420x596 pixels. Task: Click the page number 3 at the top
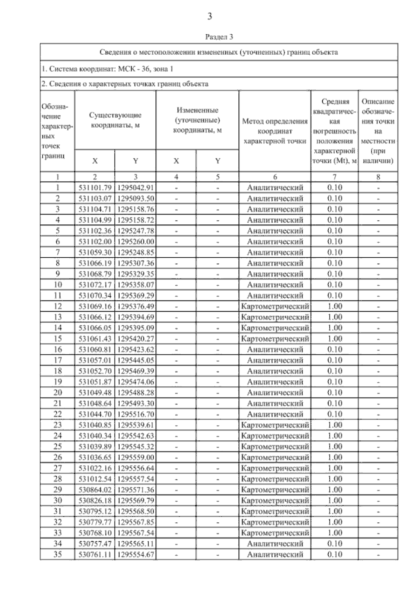[210, 16]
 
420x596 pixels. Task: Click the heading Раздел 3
[219, 36]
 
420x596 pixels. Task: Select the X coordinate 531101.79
[95, 188]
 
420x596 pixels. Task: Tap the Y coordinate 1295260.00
[136, 242]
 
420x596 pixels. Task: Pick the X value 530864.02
[95, 490]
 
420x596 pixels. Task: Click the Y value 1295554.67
[136, 555]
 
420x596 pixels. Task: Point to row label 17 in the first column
[57, 360]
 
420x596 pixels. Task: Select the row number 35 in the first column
[57, 555]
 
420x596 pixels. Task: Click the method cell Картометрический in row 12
[275, 306]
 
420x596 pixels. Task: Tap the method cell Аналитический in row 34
[275, 544]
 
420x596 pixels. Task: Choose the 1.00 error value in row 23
[335, 425]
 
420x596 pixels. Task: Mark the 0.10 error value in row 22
[335, 414]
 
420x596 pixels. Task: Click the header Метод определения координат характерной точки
[275, 131]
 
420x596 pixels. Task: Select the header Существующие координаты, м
[115, 120]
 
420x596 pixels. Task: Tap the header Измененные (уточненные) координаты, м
[197, 120]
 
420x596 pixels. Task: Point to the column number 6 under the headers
[275, 177]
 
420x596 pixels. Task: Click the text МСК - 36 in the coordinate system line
[134, 69]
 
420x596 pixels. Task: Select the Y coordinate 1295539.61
[136, 425]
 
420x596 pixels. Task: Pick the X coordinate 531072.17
[95, 285]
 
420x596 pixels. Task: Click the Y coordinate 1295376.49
[136, 306]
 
